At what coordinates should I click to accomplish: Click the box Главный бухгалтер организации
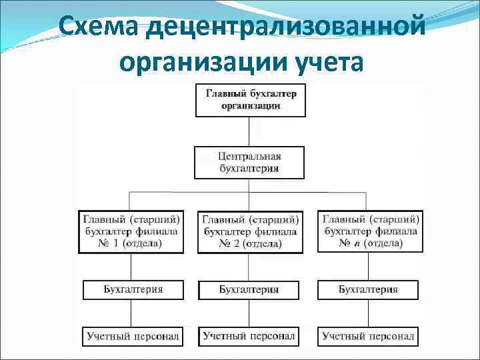(249, 99)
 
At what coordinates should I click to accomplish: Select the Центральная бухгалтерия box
(249, 163)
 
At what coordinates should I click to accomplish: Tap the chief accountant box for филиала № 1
(131, 231)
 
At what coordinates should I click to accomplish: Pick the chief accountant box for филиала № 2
(249, 231)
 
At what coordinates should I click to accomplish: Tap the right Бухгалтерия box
(368, 289)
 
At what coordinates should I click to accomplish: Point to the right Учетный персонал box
(368, 336)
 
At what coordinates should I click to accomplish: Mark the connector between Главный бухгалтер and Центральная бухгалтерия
(249, 131)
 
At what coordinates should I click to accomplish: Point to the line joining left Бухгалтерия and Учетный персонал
(131, 313)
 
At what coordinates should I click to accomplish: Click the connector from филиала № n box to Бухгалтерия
(368, 266)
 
